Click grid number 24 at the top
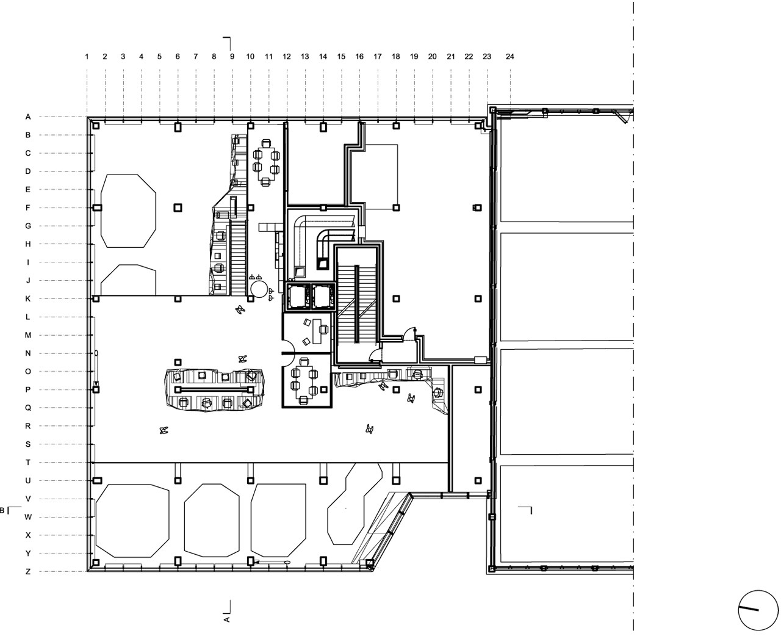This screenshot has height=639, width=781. pyautogui.click(x=510, y=57)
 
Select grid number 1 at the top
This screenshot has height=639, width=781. pyautogui.click(x=87, y=57)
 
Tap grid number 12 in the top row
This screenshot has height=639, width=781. pyautogui.click(x=287, y=57)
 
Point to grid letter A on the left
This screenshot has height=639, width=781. pyautogui.click(x=27, y=117)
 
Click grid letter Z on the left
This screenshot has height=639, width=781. pyautogui.click(x=27, y=572)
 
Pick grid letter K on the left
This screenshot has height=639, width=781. pyautogui.click(x=27, y=299)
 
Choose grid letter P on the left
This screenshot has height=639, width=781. pyautogui.click(x=27, y=390)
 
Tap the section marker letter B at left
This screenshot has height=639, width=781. pyautogui.click(x=2, y=510)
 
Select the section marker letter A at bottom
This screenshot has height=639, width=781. pyautogui.click(x=226, y=619)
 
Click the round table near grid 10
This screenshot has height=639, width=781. pyautogui.click(x=258, y=289)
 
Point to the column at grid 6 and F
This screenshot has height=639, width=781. pyautogui.click(x=178, y=208)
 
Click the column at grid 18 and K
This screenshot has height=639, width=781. pyautogui.click(x=396, y=299)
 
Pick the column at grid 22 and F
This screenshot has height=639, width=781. pyautogui.click(x=478, y=208)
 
